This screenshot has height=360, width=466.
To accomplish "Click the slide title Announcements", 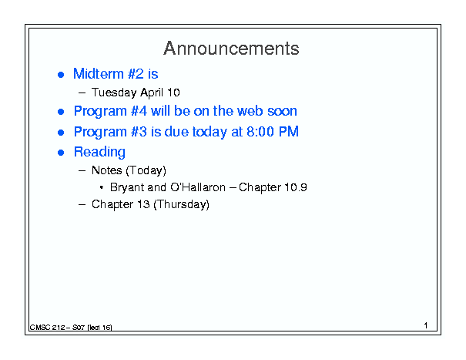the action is point(231,49).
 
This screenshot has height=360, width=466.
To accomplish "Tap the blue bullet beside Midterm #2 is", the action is point(61,74).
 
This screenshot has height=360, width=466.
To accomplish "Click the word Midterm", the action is point(99,73).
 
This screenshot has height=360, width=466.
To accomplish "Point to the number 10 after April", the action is point(173,93).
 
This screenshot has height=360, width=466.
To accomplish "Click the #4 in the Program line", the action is point(139,111).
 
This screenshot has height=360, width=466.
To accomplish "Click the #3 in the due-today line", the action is point(139,132).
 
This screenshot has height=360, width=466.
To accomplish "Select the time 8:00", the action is point(260,132).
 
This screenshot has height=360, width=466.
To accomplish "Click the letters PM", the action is point(288,132).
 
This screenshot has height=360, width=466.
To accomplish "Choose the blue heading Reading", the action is point(99,152).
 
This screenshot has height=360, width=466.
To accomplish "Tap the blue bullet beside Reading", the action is point(61,153).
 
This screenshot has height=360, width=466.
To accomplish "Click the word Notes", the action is point(107,170).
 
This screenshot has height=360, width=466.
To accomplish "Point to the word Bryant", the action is point(126,188).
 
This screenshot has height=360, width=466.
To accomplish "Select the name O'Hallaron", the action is point(198,187).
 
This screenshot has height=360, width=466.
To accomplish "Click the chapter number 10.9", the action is point(296,187).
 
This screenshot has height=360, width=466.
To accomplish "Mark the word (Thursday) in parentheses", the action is point(181,204).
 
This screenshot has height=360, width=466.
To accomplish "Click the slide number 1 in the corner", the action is point(426,325).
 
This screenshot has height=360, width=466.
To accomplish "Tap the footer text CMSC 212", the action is point(47,328).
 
